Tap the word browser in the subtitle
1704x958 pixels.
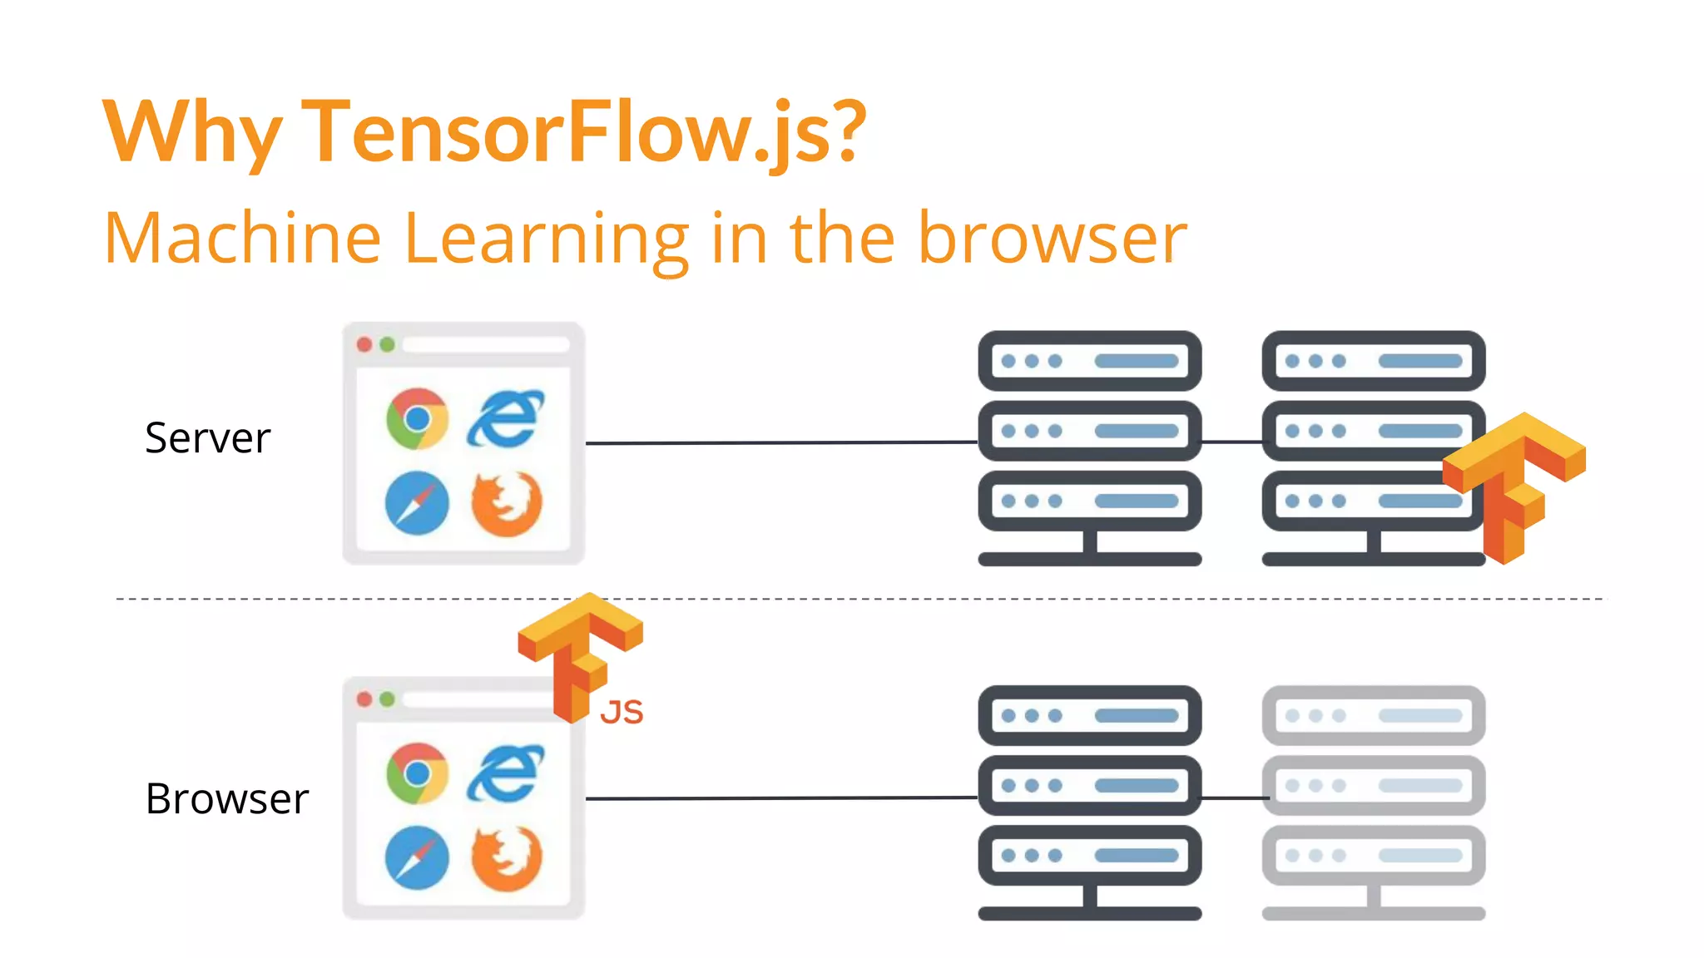point(1052,239)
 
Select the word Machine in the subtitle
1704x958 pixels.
point(242,239)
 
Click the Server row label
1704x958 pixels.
point(207,438)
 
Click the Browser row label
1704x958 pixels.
point(226,799)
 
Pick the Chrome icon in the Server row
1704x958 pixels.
point(417,418)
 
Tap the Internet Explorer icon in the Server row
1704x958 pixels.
point(505,418)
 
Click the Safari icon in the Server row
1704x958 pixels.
point(417,503)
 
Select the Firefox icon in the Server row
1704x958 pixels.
point(506,503)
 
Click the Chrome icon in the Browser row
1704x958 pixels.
point(417,773)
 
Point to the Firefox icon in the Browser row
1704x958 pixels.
point(506,857)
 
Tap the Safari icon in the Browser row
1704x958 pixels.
point(417,857)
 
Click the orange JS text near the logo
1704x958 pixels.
point(622,713)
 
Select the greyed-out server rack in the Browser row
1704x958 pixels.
point(1373,798)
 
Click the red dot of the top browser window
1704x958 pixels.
point(364,344)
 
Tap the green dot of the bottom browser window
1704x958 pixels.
point(387,699)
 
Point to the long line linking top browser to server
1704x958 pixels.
point(782,442)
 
